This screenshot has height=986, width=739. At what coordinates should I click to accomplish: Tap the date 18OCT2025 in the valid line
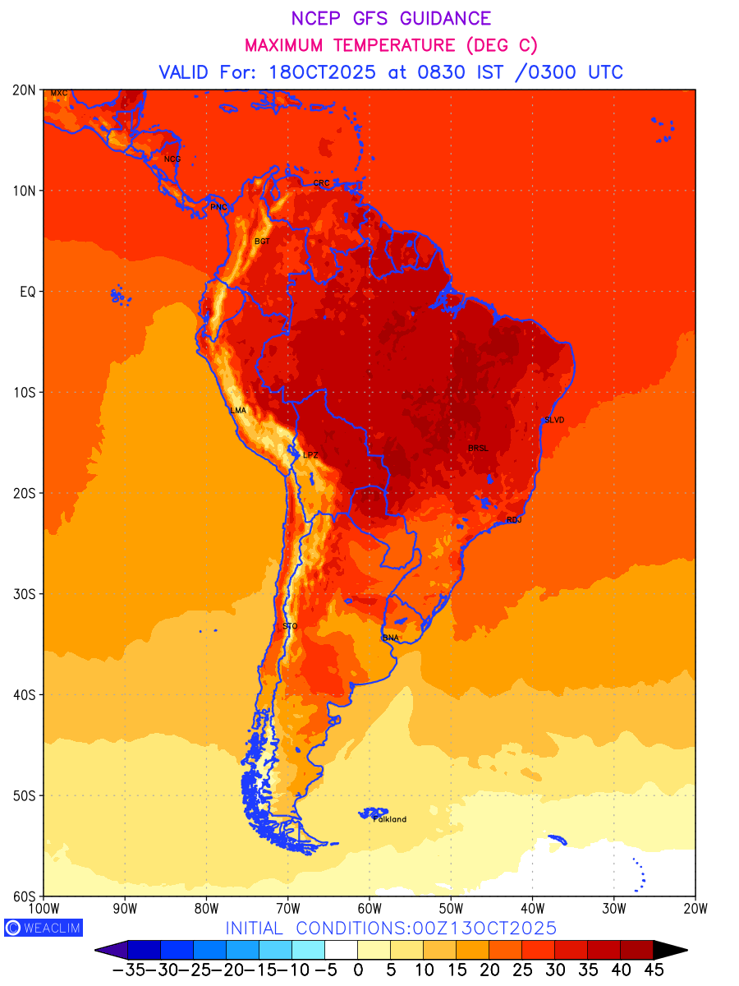tap(323, 72)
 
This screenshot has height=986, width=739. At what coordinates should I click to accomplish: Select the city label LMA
tap(238, 410)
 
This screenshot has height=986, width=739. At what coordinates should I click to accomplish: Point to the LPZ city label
tap(310, 454)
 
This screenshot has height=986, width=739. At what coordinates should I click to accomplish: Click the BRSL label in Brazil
tap(478, 448)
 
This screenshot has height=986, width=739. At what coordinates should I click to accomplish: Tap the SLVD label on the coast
tap(554, 420)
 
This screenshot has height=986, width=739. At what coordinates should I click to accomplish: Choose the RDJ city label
tap(514, 520)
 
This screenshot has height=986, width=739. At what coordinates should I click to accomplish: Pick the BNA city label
tap(391, 638)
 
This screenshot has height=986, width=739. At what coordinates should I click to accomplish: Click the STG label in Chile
tap(290, 626)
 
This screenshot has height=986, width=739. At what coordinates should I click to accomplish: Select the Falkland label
tap(390, 819)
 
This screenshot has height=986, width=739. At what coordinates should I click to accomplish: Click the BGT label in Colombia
tap(262, 242)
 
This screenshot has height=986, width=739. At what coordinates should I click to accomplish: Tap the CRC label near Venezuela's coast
tap(322, 183)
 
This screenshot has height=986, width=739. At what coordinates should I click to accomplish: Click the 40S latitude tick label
tap(25, 695)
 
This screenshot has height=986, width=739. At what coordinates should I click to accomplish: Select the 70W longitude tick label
tap(288, 908)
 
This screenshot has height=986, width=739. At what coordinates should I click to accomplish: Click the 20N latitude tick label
tap(25, 90)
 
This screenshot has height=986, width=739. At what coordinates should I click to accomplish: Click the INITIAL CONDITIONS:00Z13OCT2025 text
tap(391, 928)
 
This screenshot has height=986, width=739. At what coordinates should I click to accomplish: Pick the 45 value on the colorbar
tap(653, 970)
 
